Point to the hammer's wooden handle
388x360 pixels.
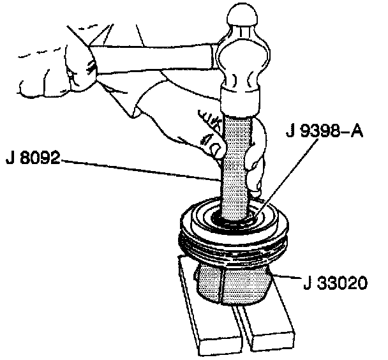(153, 57)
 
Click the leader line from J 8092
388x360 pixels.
(140, 169)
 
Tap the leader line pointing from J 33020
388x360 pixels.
(287, 279)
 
